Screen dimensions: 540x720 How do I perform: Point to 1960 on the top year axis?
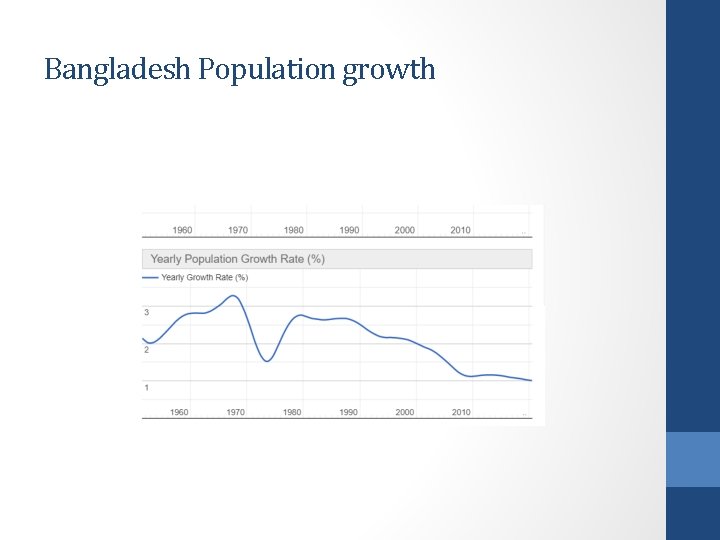(x=182, y=230)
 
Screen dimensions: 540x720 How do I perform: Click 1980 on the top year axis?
(x=293, y=230)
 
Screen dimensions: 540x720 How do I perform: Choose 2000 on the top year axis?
(x=404, y=230)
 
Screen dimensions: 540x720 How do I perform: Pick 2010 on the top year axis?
(x=460, y=230)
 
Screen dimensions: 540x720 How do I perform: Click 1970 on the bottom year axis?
(x=235, y=412)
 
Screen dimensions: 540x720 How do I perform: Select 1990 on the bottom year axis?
(x=348, y=412)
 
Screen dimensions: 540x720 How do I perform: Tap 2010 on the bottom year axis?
(x=460, y=412)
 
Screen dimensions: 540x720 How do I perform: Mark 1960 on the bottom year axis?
(x=179, y=412)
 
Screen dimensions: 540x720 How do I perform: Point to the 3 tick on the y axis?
(x=147, y=313)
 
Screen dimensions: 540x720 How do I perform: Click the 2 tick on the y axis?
(x=147, y=350)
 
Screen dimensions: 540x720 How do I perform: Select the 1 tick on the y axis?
(x=147, y=388)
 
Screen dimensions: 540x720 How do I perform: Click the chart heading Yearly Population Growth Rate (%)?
(x=237, y=259)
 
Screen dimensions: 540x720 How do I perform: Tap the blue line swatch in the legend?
(x=151, y=277)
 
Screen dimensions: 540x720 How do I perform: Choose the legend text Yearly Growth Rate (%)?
(x=204, y=277)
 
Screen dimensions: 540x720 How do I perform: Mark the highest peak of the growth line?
(x=234, y=296)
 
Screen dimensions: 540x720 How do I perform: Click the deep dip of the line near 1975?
(x=267, y=361)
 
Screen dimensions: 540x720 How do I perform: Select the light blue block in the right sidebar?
(x=693, y=459)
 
